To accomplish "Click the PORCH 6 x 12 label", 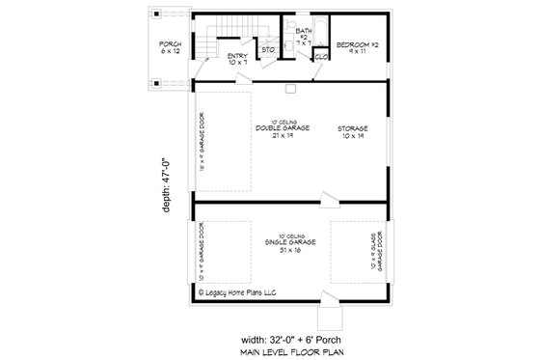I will click(x=171, y=46).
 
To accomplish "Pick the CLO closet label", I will click(x=322, y=56).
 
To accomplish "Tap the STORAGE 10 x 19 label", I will click(x=352, y=131).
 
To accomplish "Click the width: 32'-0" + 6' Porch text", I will click(x=289, y=339).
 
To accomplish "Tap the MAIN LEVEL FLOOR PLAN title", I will click(x=288, y=352).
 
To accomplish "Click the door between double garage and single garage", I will click(x=331, y=200).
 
